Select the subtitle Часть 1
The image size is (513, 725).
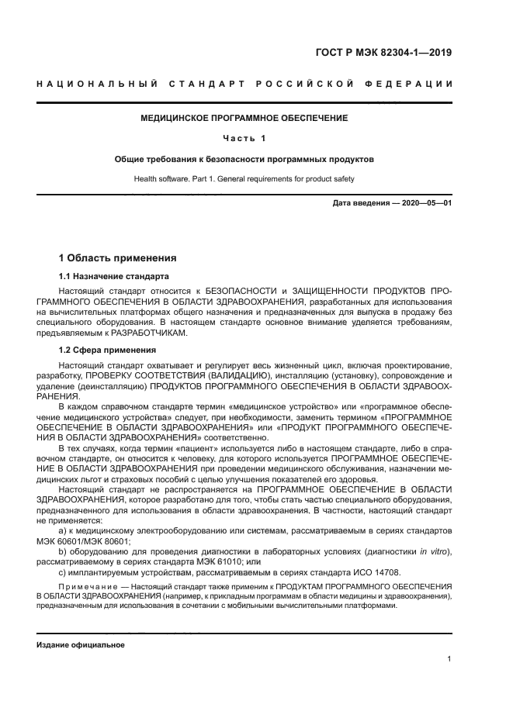pyautogui.click(x=244, y=138)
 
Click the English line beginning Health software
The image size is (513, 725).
pyautogui.click(x=244, y=179)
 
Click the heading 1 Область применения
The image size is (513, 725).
pyautogui.click(x=118, y=257)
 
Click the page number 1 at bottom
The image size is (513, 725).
pyautogui.click(x=449, y=658)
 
